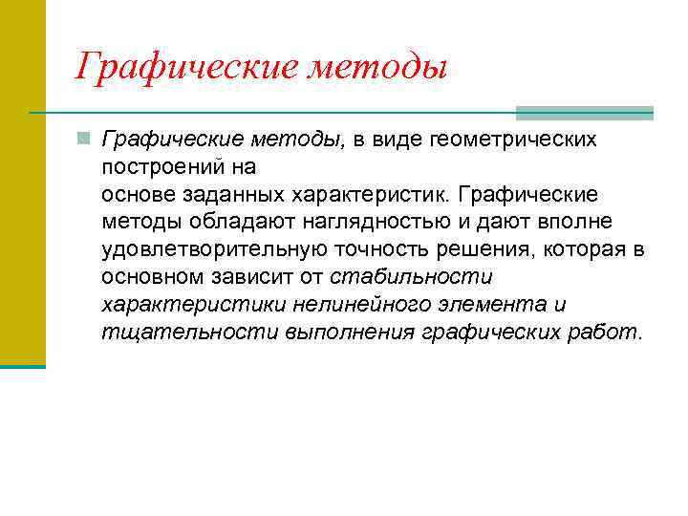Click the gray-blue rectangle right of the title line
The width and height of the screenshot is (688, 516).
(584, 112)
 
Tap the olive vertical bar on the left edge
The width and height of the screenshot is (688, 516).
(22, 182)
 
